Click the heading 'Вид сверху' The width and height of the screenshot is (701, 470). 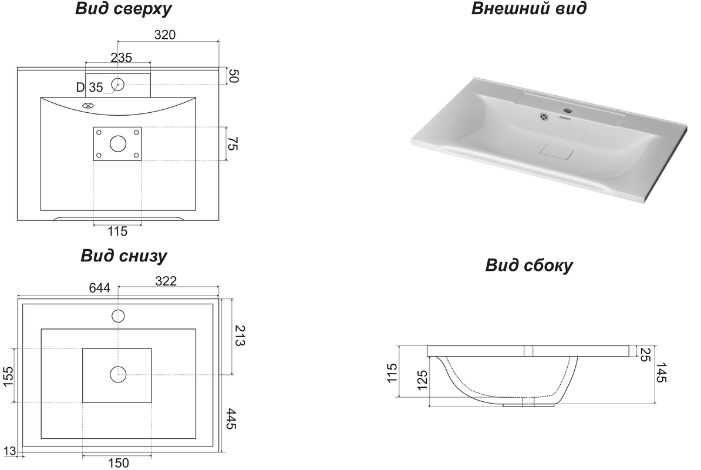(123, 9)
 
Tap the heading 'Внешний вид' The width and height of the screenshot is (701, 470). (529, 8)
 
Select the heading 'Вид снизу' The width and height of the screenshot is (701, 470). (124, 256)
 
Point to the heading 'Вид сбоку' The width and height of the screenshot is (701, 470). (529, 265)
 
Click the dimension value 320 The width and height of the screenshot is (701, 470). (165, 35)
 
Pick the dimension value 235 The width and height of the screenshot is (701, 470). (121, 58)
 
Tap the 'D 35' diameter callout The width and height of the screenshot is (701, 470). (89, 87)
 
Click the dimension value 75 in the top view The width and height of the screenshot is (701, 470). (233, 143)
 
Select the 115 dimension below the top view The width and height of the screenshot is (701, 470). (117, 231)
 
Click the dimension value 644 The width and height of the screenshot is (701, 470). (99, 288)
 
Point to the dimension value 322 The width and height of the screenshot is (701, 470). (166, 281)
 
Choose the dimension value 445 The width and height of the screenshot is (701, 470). (231, 418)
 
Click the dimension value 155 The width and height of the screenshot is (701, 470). (8, 377)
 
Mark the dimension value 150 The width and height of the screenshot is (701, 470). (118, 463)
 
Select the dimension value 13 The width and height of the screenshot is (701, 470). (9, 451)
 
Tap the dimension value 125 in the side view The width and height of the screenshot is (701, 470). (423, 380)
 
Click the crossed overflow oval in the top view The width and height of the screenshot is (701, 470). (89, 106)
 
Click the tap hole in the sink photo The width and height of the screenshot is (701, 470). (569, 109)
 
